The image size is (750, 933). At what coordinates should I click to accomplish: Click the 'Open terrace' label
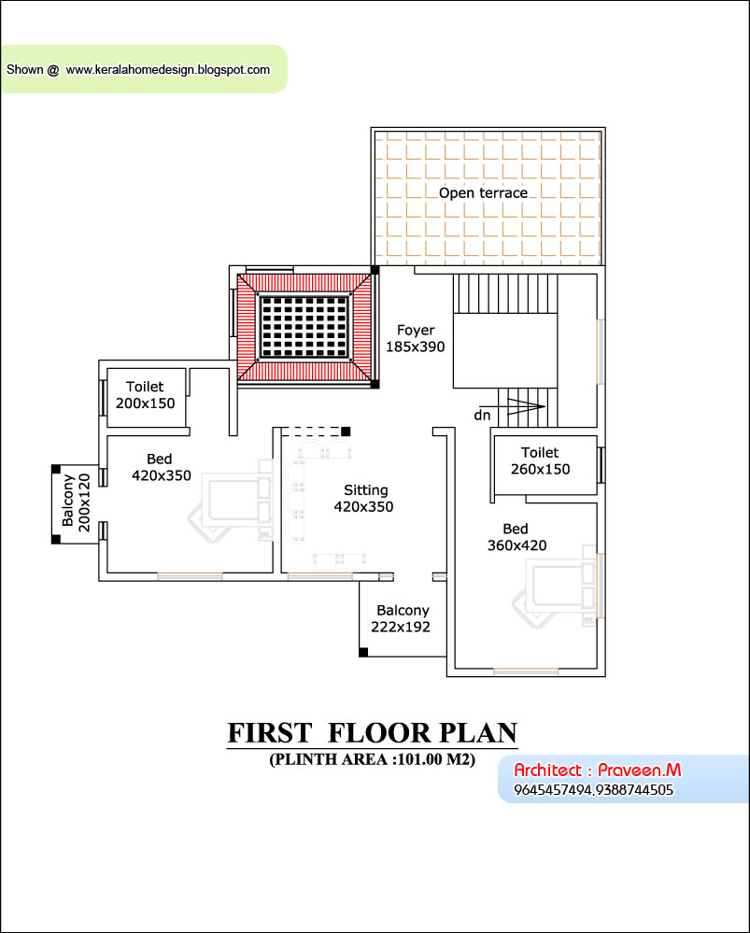click(x=483, y=193)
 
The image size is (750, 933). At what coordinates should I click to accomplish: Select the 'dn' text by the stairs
click(x=482, y=414)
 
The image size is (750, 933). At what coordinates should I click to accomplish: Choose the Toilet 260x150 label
click(x=540, y=461)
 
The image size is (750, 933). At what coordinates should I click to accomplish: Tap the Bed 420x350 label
click(x=160, y=467)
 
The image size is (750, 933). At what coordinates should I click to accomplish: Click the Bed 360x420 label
click(x=517, y=537)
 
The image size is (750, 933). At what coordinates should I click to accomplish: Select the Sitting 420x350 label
click(x=364, y=499)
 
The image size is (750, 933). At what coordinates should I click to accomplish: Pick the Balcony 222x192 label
click(x=402, y=618)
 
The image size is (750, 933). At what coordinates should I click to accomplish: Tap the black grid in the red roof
click(x=304, y=326)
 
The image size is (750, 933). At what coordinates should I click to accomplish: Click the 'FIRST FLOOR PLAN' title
click(x=372, y=733)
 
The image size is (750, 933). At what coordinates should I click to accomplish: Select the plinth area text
click(x=373, y=759)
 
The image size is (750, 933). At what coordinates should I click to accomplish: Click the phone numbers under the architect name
click(x=593, y=790)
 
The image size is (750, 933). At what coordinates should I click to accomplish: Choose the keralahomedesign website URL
click(x=168, y=69)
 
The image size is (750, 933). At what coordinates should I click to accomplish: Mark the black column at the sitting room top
click(x=346, y=431)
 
